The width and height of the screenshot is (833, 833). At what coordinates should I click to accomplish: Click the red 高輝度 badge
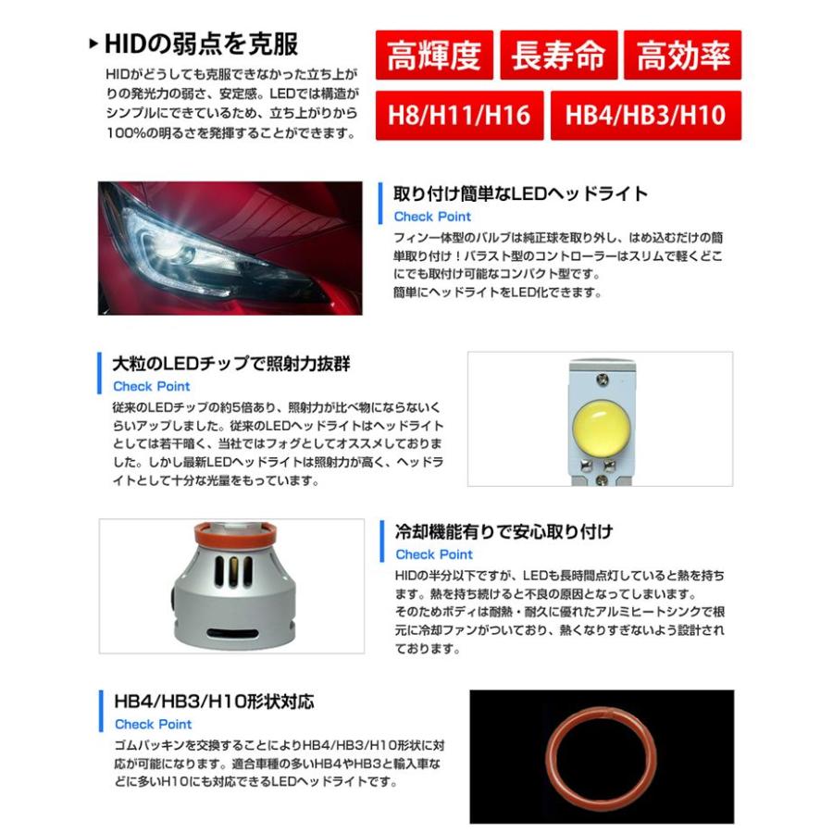tap(434, 56)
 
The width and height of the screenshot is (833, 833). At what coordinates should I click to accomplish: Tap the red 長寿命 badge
tap(558, 56)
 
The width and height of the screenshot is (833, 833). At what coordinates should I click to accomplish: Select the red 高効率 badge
tap(683, 56)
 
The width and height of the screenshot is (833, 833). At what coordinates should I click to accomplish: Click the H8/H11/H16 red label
tap(459, 116)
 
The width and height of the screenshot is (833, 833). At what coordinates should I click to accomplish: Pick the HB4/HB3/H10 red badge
tap(645, 116)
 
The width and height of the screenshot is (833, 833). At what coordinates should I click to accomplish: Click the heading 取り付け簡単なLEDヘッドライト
tap(520, 194)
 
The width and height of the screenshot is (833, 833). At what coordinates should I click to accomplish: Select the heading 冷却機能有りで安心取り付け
tap(504, 532)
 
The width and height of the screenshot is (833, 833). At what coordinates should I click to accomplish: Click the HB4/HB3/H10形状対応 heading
tap(212, 702)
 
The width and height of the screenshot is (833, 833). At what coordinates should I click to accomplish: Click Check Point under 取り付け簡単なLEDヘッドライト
tap(432, 217)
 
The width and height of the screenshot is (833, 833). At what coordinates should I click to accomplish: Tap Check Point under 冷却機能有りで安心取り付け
tap(433, 554)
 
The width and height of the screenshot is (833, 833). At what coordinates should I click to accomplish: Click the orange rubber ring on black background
tap(601, 754)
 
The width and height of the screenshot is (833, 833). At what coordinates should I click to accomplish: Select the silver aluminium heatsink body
tap(231, 592)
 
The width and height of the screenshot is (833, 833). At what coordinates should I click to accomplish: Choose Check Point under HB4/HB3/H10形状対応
tap(153, 724)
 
